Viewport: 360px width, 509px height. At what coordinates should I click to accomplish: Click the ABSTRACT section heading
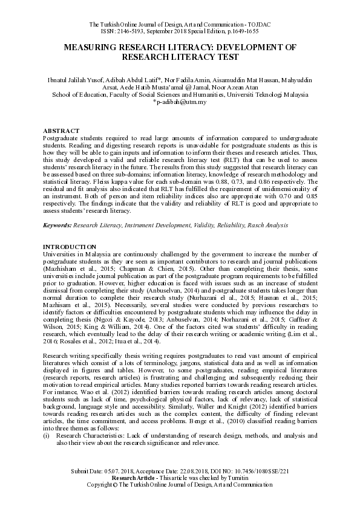point(61,131)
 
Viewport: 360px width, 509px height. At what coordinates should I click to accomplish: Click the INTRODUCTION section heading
point(70,247)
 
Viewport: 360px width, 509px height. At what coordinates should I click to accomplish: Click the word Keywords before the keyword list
point(57,225)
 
